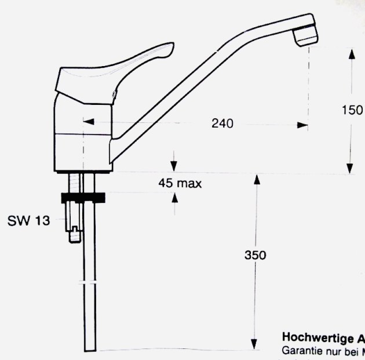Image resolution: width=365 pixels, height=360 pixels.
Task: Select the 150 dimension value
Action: pyautogui.click(x=352, y=110)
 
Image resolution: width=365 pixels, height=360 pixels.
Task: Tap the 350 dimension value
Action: pyautogui.click(x=256, y=256)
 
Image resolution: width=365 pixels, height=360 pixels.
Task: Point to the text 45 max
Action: pyautogui.click(x=180, y=184)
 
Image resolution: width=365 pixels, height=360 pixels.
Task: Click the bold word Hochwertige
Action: pyautogui.click(x=308, y=337)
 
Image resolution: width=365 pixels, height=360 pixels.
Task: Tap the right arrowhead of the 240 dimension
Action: pyautogui.click(x=302, y=124)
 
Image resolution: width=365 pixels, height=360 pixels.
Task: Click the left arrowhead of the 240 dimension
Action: pyautogui.click(x=87, y=122)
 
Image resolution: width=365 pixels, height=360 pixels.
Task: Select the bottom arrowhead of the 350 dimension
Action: pyautogui.click(x=256, y=344)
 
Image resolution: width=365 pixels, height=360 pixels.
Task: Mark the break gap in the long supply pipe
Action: pyautogui.click(x=89, y=282)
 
